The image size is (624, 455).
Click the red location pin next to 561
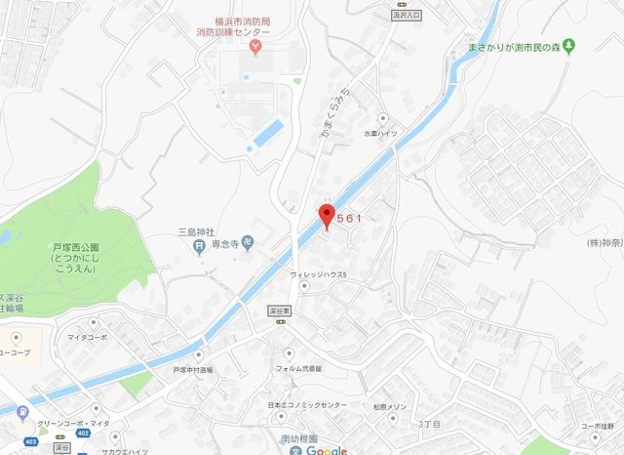[x=328, y=216]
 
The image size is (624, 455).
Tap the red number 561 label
[x=349, y=219]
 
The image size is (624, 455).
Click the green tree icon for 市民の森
[x=569, y=45]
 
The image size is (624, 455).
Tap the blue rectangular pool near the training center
[x=265, y=136]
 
